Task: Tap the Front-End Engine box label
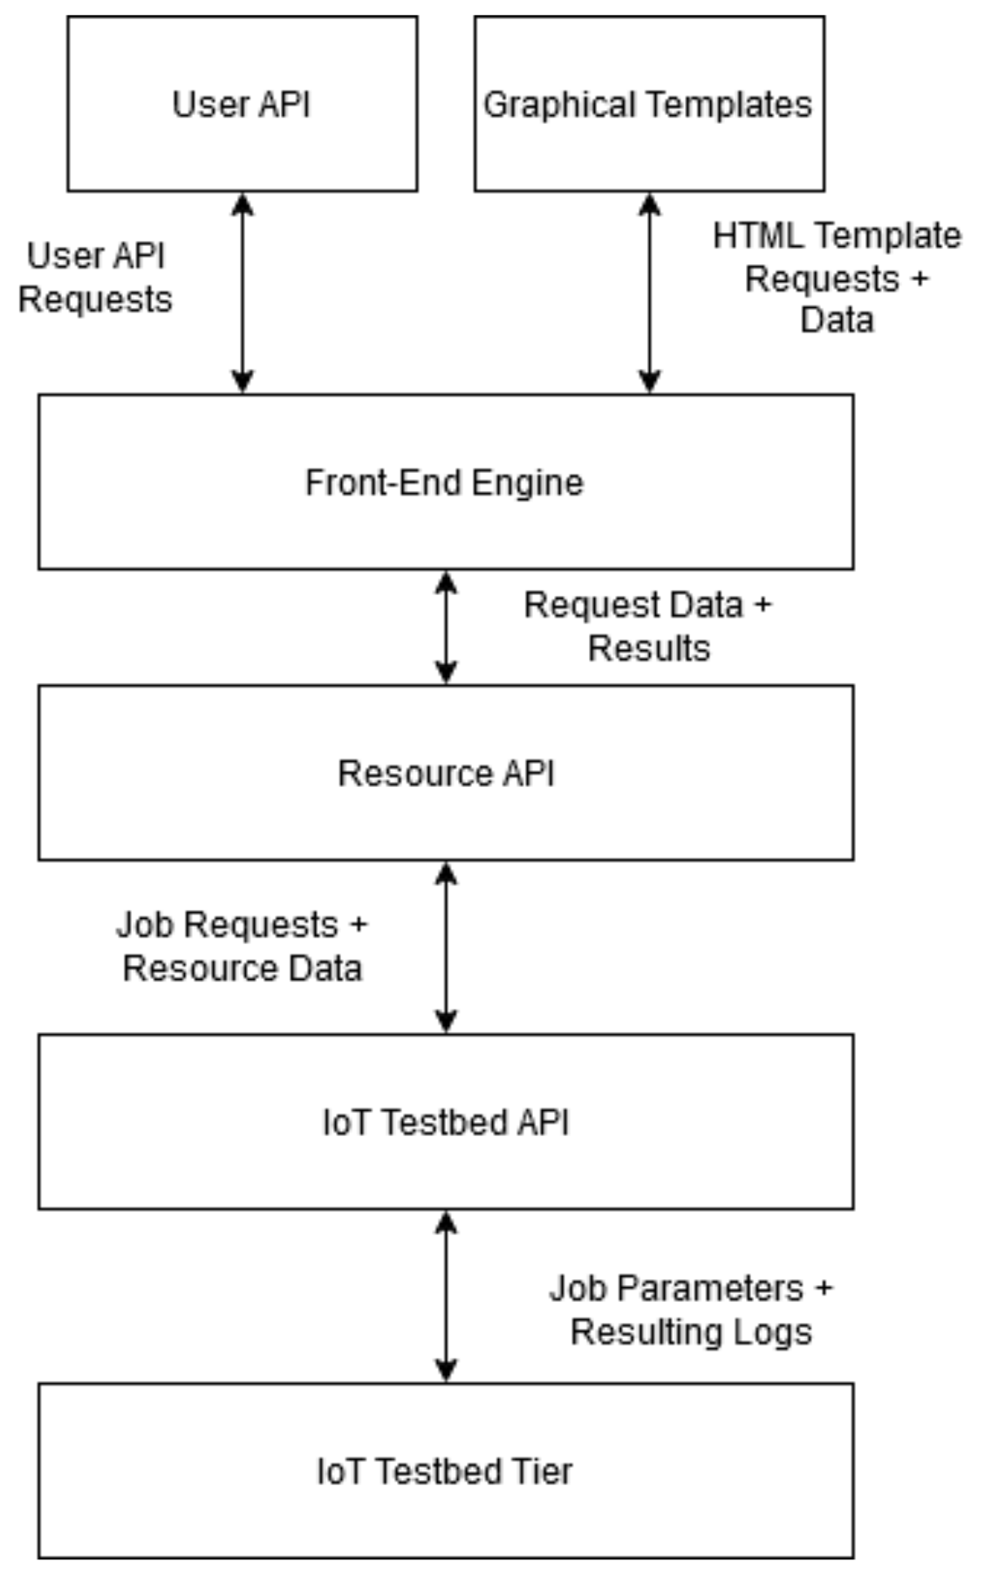[444, 483]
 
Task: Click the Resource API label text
[446, 773]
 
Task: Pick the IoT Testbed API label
[446, 1122]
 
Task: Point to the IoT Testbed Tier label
[444, 1471]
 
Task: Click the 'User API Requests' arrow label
[95, 277]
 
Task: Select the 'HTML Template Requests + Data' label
[836, 277]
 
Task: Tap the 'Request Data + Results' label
[647, 627]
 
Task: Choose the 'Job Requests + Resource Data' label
[242, 947]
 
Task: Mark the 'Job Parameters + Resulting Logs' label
[690, 1310]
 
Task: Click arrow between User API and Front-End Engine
[243, 293]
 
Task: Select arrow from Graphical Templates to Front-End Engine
[649, 293]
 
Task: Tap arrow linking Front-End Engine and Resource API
[446, 627]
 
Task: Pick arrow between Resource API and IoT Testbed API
[446, 948]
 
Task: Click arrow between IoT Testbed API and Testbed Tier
[446, 1297]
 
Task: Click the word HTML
[751, 236]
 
